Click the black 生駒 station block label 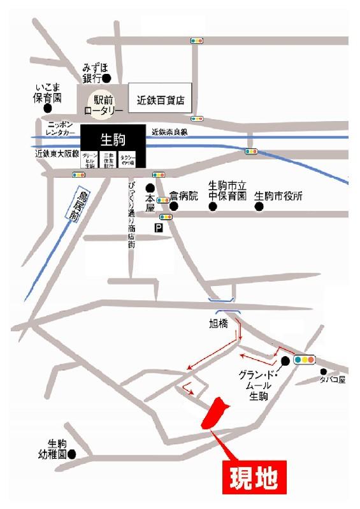coord(112,138)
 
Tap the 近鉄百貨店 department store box coord(161,100)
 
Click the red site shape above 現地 coord(214,413)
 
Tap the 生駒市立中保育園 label coord(227,190)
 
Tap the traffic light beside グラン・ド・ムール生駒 coord(304,359)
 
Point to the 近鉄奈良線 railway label coord(169,132)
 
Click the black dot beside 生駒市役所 coord(259,207)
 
